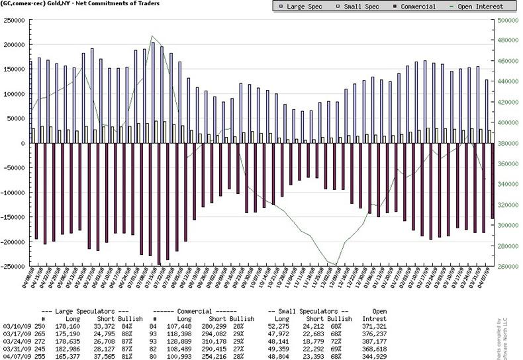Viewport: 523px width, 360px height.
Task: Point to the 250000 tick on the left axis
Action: (14, 20)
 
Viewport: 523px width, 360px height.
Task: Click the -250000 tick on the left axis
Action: (12, 266)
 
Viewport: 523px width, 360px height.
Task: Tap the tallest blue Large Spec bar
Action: (152, 93)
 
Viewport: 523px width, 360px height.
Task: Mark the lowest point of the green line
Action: (334, 264)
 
